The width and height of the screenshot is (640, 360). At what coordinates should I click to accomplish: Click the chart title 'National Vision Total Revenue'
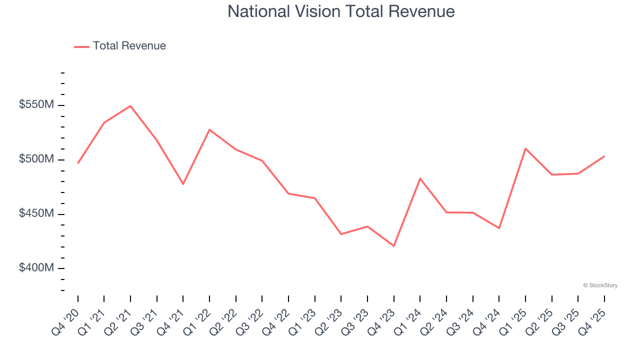341,11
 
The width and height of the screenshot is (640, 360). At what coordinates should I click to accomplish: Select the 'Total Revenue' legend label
129,46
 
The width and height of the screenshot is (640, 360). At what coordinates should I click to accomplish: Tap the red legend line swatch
81,46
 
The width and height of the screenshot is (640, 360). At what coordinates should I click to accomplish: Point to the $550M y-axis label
36,105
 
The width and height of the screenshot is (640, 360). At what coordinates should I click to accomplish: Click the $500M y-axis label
36,159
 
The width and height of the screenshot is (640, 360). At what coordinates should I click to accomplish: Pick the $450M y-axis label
36,214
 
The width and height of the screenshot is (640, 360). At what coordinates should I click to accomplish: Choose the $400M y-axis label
36,268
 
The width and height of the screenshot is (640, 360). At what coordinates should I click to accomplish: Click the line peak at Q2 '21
130,106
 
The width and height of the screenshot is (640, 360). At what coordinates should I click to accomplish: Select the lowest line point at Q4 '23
393,246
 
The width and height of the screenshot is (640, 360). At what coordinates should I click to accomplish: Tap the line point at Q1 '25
525,148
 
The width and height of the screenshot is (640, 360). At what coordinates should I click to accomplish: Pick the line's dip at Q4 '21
183,184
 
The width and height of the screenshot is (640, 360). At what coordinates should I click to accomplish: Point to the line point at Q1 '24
420,178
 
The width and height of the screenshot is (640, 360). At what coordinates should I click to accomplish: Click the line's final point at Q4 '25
604,156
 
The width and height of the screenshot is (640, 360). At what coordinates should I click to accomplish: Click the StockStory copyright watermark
600,285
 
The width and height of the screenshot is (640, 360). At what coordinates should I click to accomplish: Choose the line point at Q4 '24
499,228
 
